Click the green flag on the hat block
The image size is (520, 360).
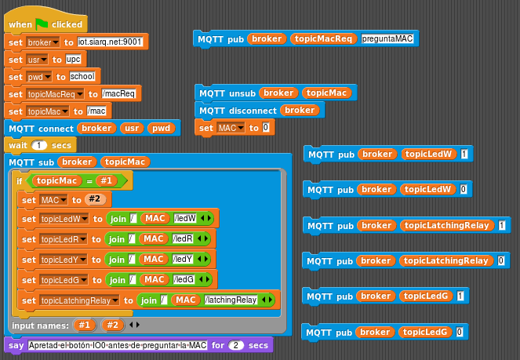tap(42, 24)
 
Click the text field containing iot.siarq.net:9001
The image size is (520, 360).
tap(110, 42)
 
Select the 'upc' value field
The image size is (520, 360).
tap(73, 60)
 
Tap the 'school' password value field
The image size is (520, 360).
tap(82, 77)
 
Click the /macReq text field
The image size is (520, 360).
tap(118, 94)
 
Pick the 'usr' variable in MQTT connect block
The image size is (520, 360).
tap(132, 128)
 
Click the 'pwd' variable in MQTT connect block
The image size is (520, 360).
tap(161, 128)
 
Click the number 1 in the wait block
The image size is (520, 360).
tap(39, 145)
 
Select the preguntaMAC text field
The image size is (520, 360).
tap(387, 38)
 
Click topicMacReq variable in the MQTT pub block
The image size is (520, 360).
tap(323, 38)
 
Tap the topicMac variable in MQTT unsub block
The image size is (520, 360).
tap(326, 93)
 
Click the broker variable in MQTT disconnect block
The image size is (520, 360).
tap(300, 110)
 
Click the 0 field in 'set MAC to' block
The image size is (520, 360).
tap(266, 127)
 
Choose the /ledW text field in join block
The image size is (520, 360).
tap(185, 218)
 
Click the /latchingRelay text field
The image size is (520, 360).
tap(231, 300)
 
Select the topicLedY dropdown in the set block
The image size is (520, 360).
tap(63, 260)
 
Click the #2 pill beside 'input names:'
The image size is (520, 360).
tap(112, 325)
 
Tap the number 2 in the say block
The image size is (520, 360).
tap(236, 345)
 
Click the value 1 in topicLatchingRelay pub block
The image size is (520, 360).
tap(502, 225)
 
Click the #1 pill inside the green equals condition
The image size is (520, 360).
tap(107, 180)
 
